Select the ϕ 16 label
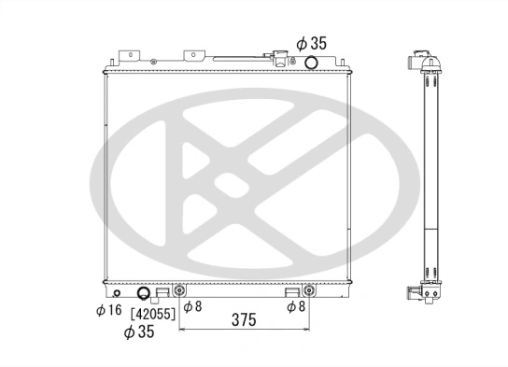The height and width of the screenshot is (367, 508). pyautogui.click(x=108, y=310)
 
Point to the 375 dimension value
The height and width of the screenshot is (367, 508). pyautogui.click(x=244, y=319)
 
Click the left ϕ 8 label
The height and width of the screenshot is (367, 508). pyautogui.click(x=191, y=306)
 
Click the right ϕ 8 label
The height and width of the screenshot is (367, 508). pyautogui.click(x=297, y=306)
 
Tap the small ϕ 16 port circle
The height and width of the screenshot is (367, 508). pyautogui.click(x=115, y=292)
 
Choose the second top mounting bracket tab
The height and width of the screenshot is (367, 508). pyautogui.click(x=194, y=57)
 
